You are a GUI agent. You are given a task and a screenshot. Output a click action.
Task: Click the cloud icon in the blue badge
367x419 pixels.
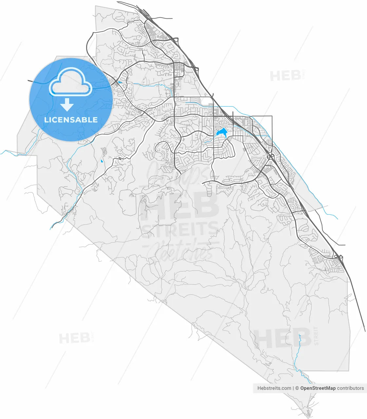70,84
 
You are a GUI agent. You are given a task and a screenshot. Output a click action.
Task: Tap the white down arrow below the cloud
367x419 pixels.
67,104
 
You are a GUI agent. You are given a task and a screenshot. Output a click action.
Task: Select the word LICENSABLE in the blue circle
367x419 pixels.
71,120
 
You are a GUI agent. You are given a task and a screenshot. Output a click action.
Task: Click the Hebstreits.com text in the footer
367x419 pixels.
274,388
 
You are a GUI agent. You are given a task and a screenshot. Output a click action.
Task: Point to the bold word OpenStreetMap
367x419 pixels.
318,388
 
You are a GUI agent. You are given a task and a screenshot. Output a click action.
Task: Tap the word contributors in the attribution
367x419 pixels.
350,388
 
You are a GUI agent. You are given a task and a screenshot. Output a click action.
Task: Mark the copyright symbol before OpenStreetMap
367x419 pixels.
297,388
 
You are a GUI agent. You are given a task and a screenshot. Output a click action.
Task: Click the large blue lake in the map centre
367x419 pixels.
221,133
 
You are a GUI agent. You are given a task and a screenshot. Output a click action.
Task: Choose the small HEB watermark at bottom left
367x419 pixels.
74,338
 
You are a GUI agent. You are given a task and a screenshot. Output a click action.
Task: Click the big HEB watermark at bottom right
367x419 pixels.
282,338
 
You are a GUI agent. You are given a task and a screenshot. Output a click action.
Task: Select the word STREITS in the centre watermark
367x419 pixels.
179,229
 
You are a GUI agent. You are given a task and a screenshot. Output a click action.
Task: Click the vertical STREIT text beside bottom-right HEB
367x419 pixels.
316,336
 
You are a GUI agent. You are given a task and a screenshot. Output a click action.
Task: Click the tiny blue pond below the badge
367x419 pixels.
102,161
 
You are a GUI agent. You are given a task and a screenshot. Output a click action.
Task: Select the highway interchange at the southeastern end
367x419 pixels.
339,257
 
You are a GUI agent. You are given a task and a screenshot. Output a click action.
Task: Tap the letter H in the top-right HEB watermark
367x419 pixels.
275,76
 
